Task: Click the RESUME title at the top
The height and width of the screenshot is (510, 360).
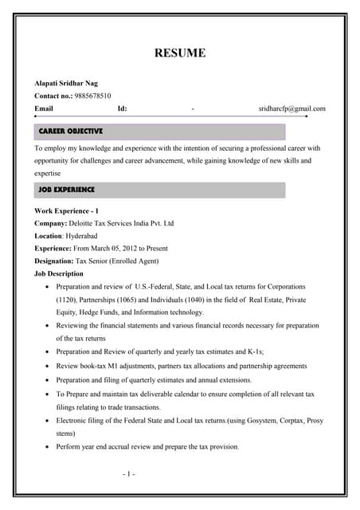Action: click(x=179, y=53)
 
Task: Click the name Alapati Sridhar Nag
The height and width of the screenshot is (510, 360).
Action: click(x=66, y=83)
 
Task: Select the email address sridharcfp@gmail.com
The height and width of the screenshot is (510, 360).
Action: click(x=292, y=108)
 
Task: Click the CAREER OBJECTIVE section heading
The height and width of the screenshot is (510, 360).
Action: click(x=71, y=131)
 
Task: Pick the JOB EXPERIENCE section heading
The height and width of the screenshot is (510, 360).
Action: click(x=67, y=190)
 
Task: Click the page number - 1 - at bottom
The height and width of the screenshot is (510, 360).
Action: click(x=129, y=474)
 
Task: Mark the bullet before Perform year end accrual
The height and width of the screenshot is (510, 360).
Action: click(x=49, y=447)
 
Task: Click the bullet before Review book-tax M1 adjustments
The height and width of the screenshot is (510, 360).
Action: click(x=49, y=365)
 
